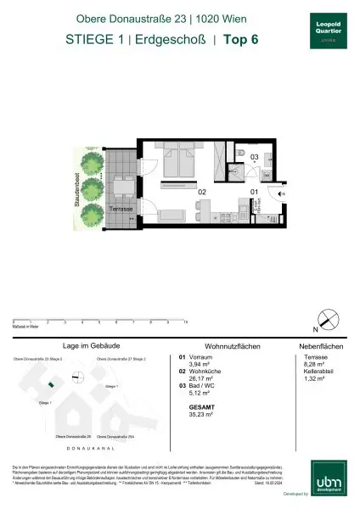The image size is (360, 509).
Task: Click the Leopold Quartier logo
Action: tap(325, 30)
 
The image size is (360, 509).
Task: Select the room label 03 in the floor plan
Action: tap(253, 157)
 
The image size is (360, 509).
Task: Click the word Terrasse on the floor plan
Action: tap(125, 209)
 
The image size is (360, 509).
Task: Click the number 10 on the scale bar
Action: tap(185, 322)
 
